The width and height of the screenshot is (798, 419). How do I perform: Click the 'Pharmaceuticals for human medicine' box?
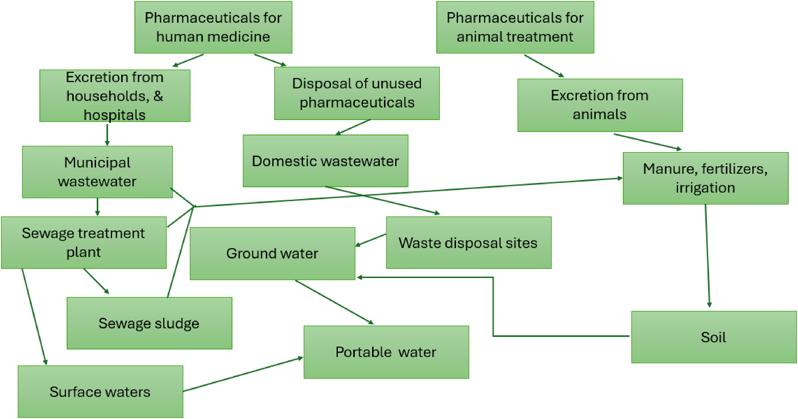pos(213,27)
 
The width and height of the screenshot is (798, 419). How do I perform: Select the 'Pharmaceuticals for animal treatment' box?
pos(515,27)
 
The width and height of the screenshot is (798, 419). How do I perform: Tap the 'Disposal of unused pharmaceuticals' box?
pos(357,93)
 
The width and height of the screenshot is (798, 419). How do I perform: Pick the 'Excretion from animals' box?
pos(600,105)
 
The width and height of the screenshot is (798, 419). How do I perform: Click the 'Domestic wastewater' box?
pos(325,161)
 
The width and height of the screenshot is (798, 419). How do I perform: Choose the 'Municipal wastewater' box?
pos(97,172)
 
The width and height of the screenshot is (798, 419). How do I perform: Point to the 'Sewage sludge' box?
pos(149,323)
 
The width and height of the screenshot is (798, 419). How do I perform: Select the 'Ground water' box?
pos(272,253)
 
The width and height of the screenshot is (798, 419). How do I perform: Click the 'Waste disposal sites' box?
pos(469,242)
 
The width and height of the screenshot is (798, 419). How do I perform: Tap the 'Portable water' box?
pos(386,352)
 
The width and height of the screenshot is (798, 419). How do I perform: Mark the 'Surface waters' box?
pos(100,392)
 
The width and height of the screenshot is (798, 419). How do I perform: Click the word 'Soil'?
pos(713,337)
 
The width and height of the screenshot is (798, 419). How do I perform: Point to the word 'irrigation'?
pos(705,188)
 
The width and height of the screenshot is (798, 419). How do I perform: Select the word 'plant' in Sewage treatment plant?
pos(84,252)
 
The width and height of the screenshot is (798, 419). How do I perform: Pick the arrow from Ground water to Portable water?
pos(334,302)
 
